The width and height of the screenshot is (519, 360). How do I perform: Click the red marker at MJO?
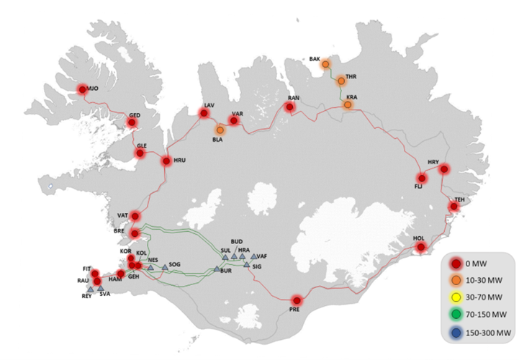pos(84,90)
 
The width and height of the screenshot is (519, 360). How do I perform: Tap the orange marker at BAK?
pos(325,64)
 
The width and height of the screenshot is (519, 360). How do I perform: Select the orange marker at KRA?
pos(348,105)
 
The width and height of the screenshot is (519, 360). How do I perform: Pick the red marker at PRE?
pos(297,300)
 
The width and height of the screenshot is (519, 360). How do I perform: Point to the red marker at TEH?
pos(453,207)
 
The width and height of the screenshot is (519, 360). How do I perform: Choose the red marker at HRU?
pos(166,161)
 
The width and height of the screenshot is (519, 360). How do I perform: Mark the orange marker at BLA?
pos(220,130)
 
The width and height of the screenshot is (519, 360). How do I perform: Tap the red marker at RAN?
pos(289,107)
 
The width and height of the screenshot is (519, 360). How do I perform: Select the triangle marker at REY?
pos(90,289)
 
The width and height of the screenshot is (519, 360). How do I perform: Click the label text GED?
pos(135,115)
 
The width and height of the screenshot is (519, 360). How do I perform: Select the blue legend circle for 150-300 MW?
pos(454,333)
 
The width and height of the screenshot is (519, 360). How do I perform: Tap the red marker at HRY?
pos(444,169)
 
